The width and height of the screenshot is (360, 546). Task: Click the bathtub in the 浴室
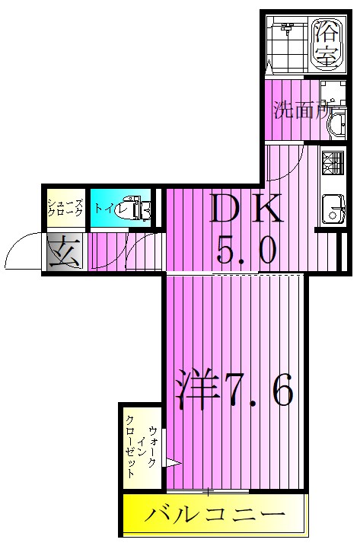[326, 44]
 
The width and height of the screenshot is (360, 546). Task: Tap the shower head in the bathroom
[287, 30]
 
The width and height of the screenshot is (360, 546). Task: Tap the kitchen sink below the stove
[332, 208]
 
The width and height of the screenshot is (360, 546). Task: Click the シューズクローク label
[63, 207]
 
